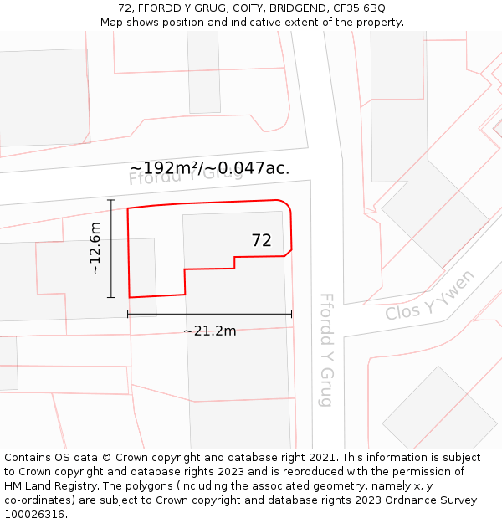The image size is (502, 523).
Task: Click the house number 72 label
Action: click(261, 240)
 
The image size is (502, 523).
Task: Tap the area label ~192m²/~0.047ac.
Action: click(209, 167)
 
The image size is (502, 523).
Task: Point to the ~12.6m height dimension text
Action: click(95, 249)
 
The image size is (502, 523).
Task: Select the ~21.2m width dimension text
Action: click(209, 331)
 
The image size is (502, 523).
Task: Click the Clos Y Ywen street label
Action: click(430, 295)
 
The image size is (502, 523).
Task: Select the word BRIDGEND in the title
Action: click(289, 8)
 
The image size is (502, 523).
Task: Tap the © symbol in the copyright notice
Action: click(106, 458)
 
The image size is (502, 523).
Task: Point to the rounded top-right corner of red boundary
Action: click(285, 203)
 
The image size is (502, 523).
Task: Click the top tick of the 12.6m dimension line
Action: click(111, 200)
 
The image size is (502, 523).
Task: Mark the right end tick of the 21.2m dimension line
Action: click(291, 314)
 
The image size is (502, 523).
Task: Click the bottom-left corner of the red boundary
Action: click(130, 297)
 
